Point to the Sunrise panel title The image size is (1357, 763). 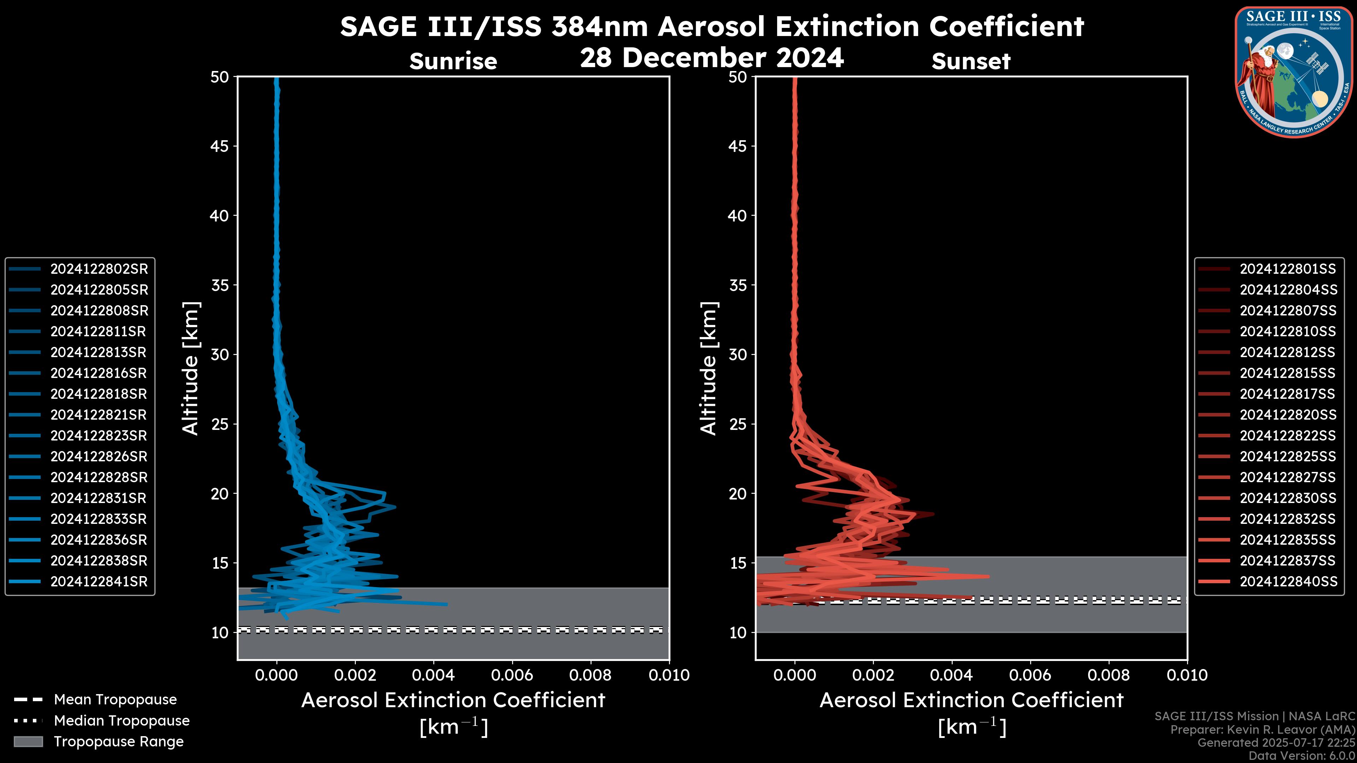pyautogui.click(x=453, y=61)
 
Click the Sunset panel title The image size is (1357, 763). pyautogui.click(x=971, y=61)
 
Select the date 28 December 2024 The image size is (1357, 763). pyautogui.click(x=712, y=57)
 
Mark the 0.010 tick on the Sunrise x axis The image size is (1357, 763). pyautogui.click(x=669, y=675)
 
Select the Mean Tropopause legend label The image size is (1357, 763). pyautogui.click(x=115, y=700)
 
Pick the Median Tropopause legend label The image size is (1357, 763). pyautogui.click(x=122, y=721)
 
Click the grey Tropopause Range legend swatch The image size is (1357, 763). pyautogui.click(x=28, y=741)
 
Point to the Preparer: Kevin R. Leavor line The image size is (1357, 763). pyautogui.click(x=1263, y=730)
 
